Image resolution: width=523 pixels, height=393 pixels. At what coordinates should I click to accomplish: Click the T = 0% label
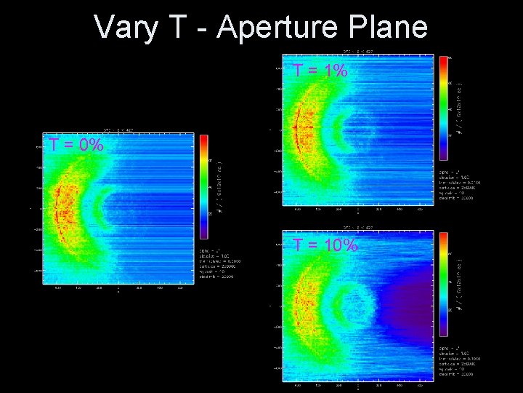pos(76,145)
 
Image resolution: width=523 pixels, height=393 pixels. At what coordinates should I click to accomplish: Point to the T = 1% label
pos(320,71)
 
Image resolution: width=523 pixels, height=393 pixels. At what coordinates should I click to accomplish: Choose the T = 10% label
pos(325,245)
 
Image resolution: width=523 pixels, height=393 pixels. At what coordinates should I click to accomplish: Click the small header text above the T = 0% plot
pos(117,129)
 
